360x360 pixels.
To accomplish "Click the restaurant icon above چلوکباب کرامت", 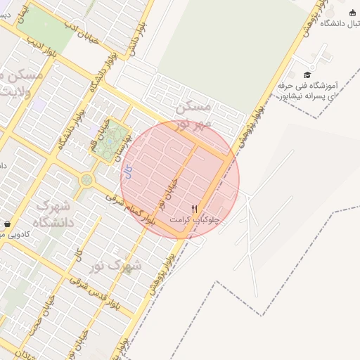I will [x=195, y=209].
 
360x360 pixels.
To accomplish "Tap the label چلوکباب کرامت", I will [x=195, y=219].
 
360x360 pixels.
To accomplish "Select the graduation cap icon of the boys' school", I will [x=307, y=75].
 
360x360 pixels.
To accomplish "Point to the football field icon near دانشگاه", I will [x=352, y=13].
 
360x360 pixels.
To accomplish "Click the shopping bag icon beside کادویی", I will [x=6, y=224].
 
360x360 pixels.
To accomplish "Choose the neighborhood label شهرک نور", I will [x=116, y=265].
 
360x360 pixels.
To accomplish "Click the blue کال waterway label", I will [x=127, y=170].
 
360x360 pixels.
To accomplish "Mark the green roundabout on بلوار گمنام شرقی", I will [x=86, y=180].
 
